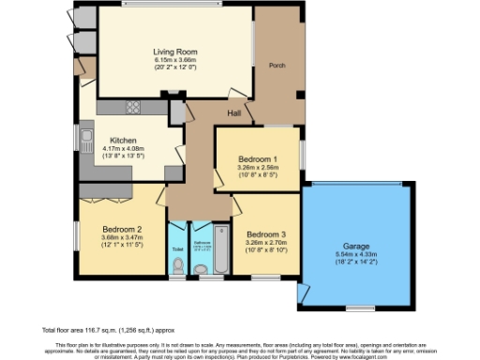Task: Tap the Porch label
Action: (277, 66)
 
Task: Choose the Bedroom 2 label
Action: (122, 229)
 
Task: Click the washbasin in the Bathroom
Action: (204, 272)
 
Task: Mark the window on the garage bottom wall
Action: (359, 307)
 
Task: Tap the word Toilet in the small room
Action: (177, 248)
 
